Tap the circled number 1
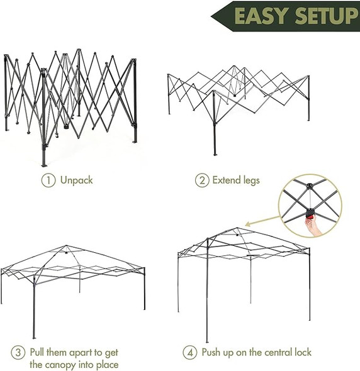[x=47, y=180]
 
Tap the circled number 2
[x=202, y=180]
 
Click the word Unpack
[x=76, y=180]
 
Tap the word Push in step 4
[x=213, y=352]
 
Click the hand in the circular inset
[x=313, y=226]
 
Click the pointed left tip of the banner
[x=212, y=14]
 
